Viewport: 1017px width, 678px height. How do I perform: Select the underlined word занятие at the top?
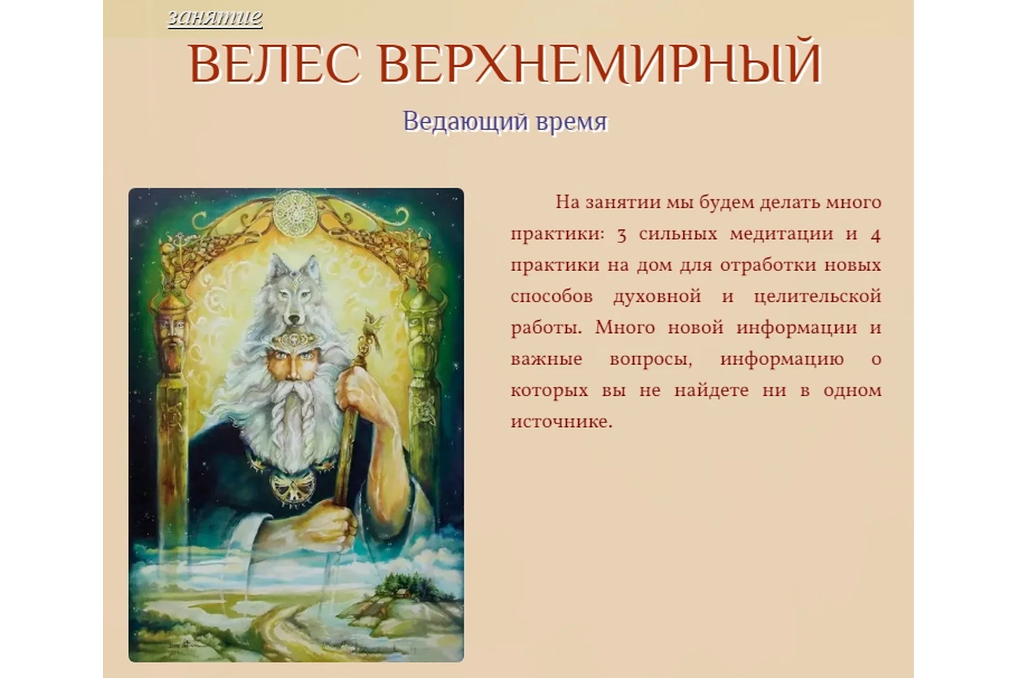[215, 17]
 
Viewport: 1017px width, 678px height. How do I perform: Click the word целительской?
[817, 296]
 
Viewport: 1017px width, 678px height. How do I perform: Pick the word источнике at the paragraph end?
[561, 422]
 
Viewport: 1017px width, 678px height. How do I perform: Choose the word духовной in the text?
[657, 296]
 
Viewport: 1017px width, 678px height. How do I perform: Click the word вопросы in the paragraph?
[651, 359]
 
